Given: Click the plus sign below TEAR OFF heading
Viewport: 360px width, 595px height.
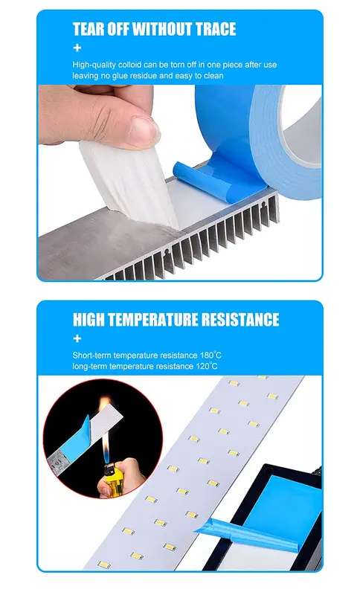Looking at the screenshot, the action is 77,48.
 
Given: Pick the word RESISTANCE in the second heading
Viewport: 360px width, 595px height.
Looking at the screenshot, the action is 240,320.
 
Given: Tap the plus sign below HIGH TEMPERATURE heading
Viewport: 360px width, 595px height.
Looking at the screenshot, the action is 77,338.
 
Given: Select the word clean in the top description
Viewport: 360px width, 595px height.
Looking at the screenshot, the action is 213,76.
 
